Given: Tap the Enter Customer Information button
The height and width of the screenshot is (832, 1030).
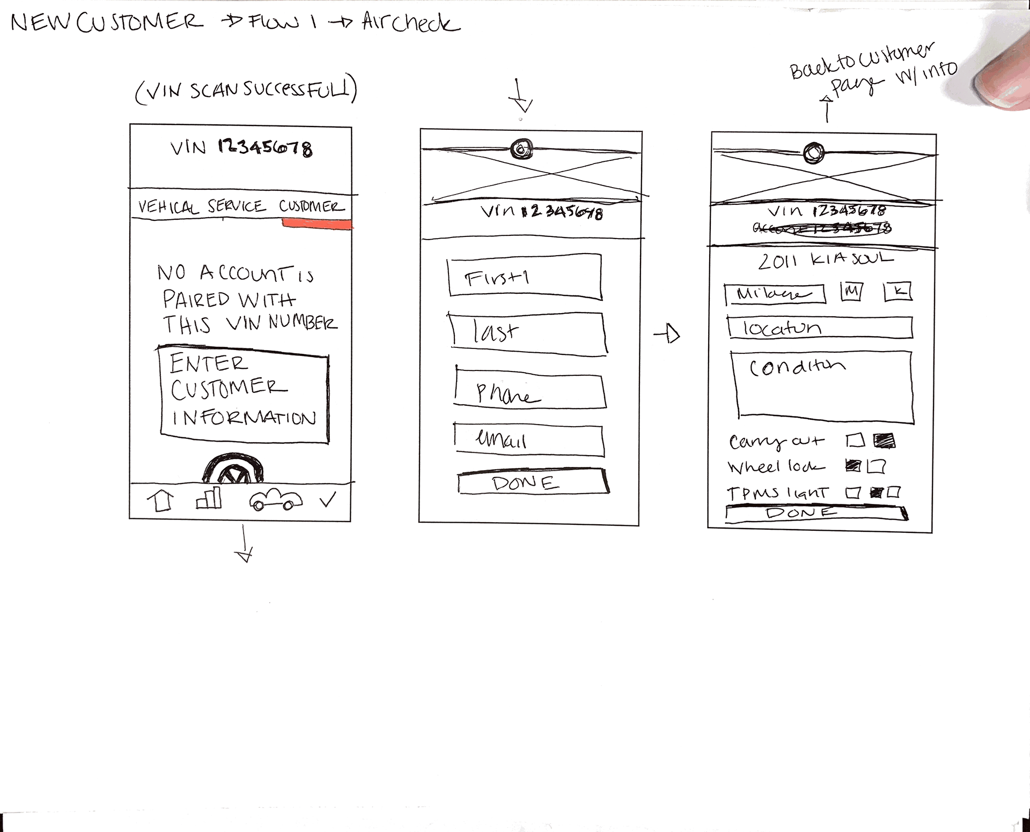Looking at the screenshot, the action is [244, 395].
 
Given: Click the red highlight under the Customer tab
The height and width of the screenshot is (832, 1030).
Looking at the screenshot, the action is [317, 224].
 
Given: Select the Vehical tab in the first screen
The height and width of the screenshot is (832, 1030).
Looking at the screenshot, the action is [168, 207].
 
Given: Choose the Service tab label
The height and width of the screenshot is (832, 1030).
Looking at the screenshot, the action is [237, 206].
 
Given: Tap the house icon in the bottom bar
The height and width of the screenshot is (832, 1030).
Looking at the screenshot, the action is [161, 501].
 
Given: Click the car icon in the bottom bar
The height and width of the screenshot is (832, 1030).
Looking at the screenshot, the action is [275, 500].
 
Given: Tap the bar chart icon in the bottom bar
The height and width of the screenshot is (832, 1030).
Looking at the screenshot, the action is [209, 498].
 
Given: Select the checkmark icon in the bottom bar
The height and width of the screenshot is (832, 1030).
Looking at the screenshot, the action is [328, 500].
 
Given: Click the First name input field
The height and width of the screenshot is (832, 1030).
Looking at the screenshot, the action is [525, 277].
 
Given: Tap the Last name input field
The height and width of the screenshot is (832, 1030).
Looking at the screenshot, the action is [528, 333].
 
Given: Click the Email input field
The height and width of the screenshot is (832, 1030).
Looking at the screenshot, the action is [529, 440].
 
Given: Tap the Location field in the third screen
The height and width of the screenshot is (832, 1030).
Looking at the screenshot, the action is [820, 328].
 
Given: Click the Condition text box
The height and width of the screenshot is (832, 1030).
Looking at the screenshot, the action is [822, 384].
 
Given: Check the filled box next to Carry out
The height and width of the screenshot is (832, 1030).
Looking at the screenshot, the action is [884, 441].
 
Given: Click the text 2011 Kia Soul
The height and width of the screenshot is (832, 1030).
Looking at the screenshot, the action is [825, 261].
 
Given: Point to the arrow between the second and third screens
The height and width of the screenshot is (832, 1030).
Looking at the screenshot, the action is [667, 335].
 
